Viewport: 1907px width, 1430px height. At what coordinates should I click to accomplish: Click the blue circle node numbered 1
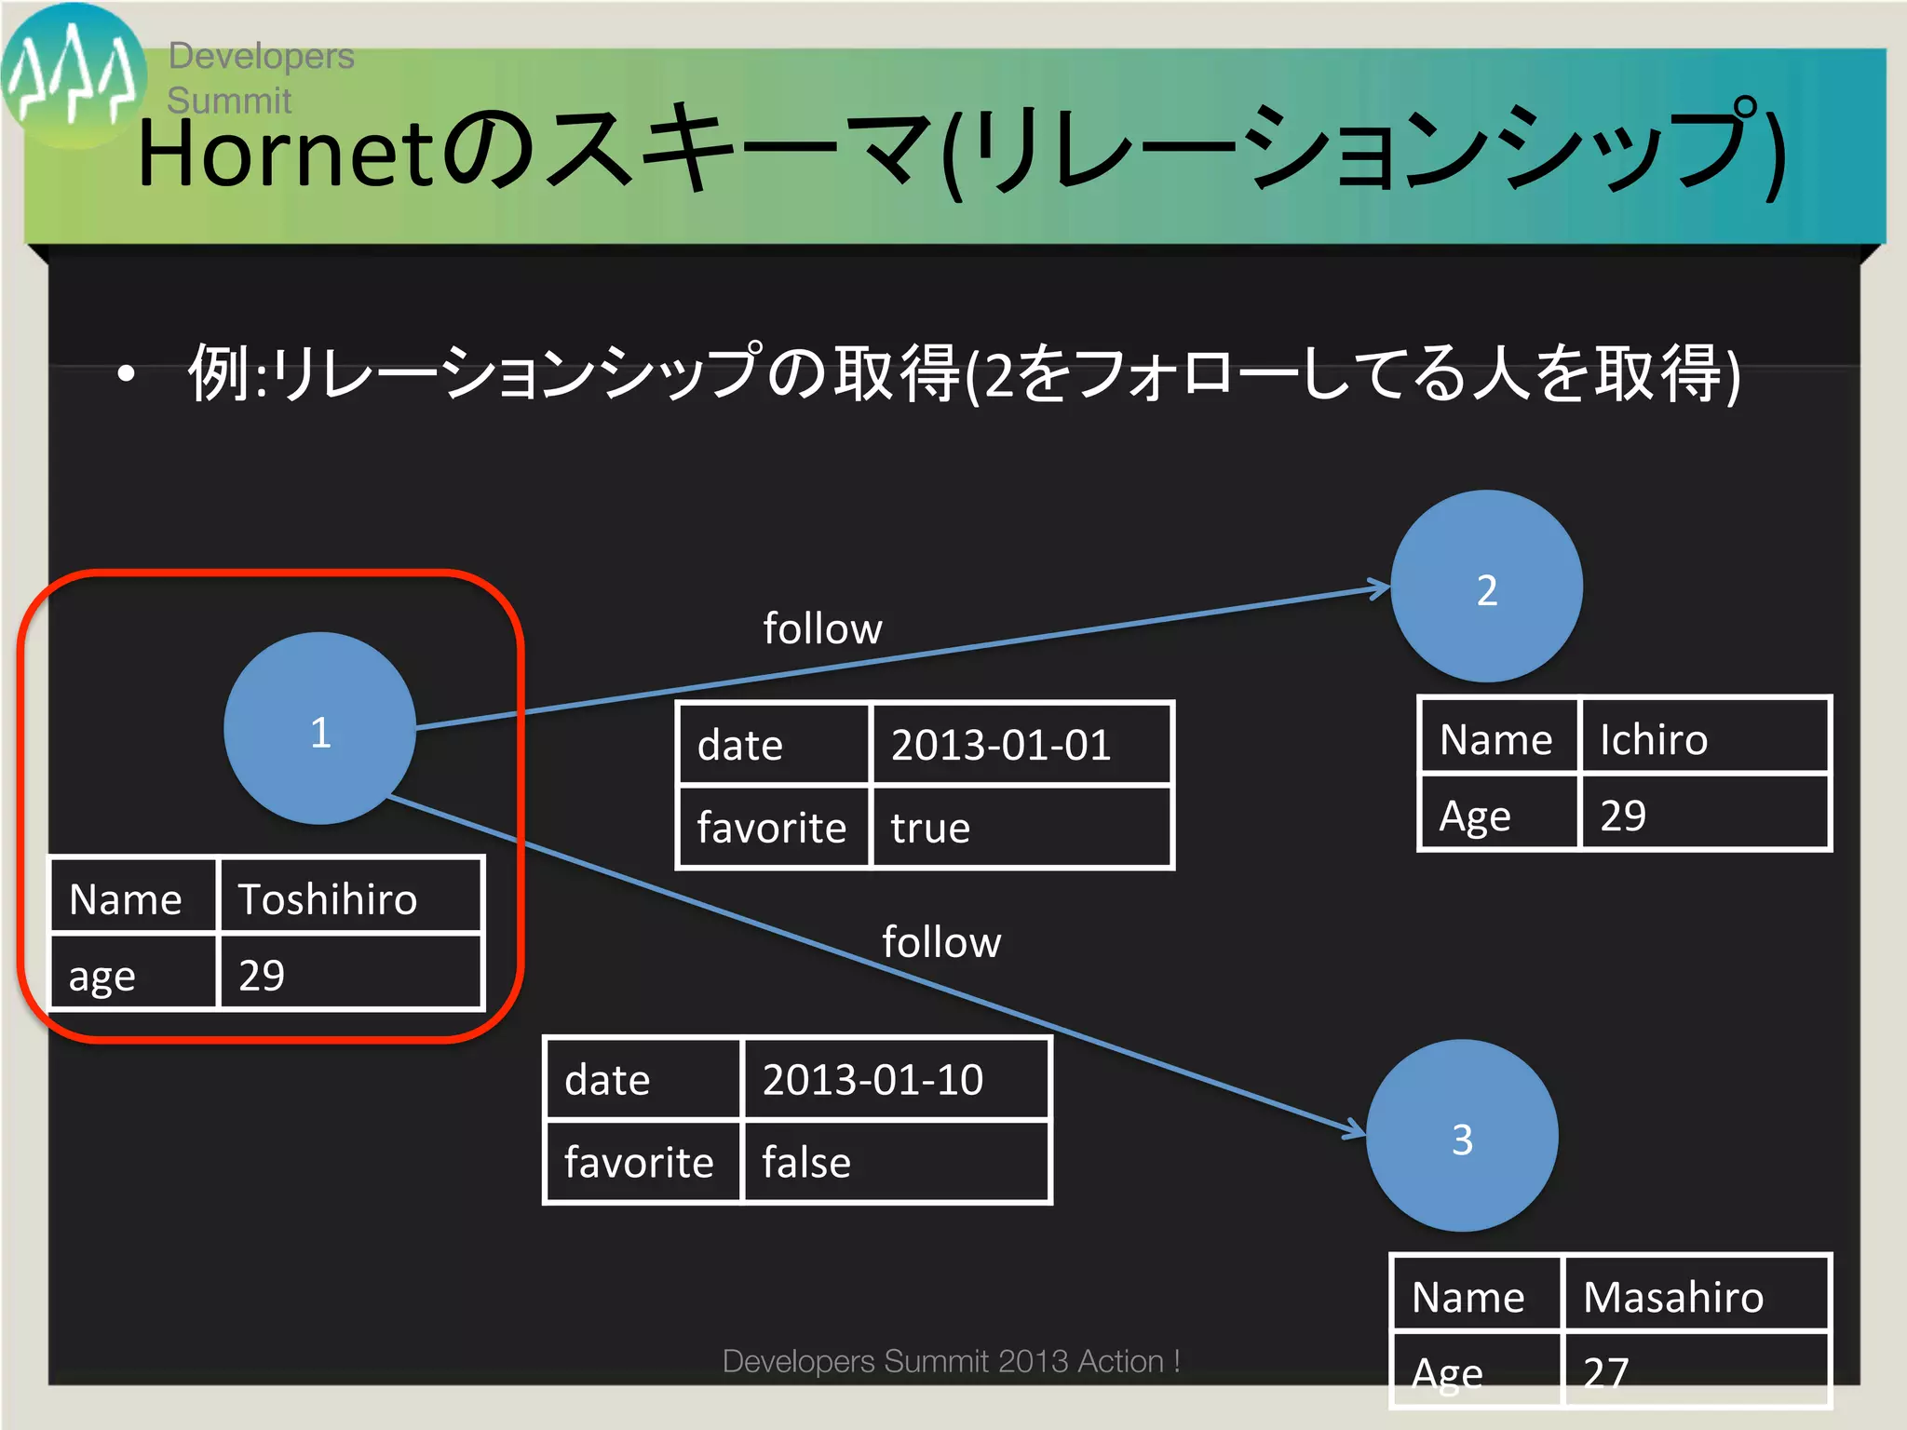click(x=319, y=729)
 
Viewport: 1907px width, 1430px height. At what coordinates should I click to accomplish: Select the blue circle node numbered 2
click(x=1486, y=587)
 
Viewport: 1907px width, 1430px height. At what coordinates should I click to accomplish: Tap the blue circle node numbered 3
click(x=1462, y=1137)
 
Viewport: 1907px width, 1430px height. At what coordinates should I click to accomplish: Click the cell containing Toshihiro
click(x=349, y=898)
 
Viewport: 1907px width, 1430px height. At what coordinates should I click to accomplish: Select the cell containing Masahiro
click(x=1695, y=1296)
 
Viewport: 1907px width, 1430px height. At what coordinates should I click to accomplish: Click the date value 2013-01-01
click(x=1020, y=745)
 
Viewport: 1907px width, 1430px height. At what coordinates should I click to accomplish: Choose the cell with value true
click(x=1020, y=828)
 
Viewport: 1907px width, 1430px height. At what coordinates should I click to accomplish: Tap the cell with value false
click(x=894, y=1163)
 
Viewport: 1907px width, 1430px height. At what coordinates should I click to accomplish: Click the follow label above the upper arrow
click(x=822, y=628)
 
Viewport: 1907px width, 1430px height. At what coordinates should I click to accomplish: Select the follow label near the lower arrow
click(x=941, y=942)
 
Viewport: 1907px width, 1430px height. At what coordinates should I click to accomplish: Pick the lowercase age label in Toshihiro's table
click(x=102, y=976)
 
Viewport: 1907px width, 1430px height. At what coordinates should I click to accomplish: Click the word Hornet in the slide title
click(x=284, y=154)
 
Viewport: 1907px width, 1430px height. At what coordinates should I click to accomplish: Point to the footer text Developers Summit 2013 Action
click(x=951, y=1361)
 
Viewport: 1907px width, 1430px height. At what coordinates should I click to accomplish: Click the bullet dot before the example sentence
click(x=127, y=374)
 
